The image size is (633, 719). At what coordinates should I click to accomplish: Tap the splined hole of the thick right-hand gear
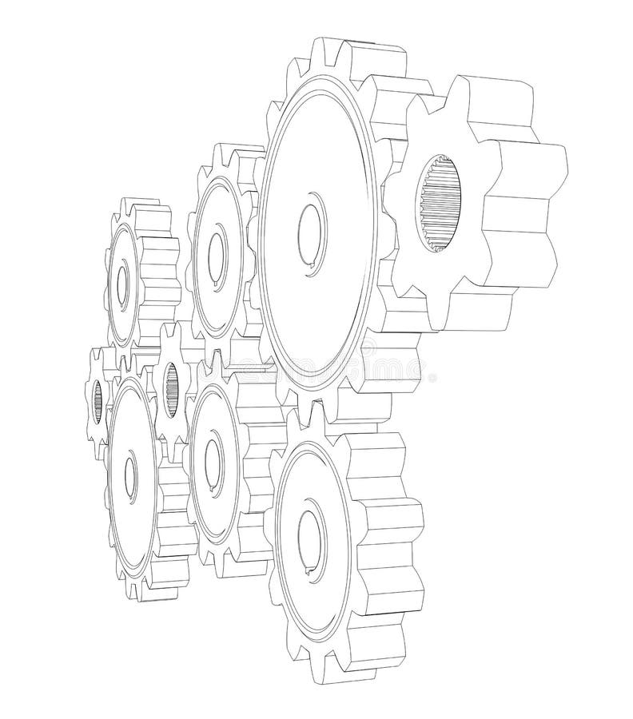point(440,205)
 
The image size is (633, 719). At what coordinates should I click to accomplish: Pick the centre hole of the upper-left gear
point(121,284)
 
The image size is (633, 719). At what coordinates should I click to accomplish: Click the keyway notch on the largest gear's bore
point(309,271)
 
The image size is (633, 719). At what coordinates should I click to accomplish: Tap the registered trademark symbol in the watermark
point(432,374)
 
